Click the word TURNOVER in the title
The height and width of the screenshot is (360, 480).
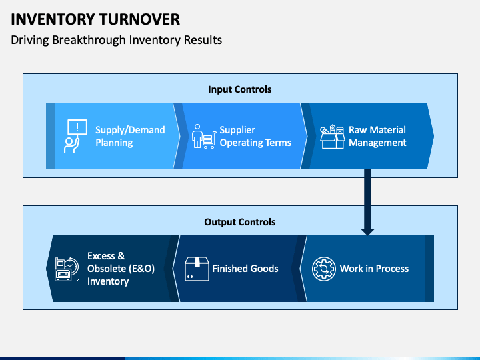coord(139,19)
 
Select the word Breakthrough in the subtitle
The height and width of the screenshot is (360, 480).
coord(89,40)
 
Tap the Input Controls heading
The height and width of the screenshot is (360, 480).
coord(240,89)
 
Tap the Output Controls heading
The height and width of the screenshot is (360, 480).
coord(240,222)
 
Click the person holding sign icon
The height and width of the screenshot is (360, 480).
coord(75,136)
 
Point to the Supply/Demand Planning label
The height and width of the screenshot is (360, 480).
coord(130,136)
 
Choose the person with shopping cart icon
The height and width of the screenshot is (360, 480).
coord(204,137)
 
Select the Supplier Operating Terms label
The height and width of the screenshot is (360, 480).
coord(255,136)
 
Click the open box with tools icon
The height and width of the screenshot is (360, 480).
coord(333,137)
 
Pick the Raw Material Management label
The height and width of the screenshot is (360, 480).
coord(377,136)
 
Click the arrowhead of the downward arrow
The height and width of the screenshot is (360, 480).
coord(367,232)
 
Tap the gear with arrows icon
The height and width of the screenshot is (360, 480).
coord(324,269)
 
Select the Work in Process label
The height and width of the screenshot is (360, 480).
coord(374,269)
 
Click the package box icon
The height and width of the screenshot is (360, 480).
coord(197,269)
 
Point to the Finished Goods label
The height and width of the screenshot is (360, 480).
coord(245,269)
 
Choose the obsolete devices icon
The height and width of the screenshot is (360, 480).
coord(67,269)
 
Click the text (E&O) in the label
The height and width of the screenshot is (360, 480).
coord(141,269)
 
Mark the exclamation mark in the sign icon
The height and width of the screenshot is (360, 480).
coord(77,127)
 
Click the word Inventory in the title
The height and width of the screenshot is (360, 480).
coord(53,19)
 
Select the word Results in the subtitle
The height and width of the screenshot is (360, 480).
coord(203,40)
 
